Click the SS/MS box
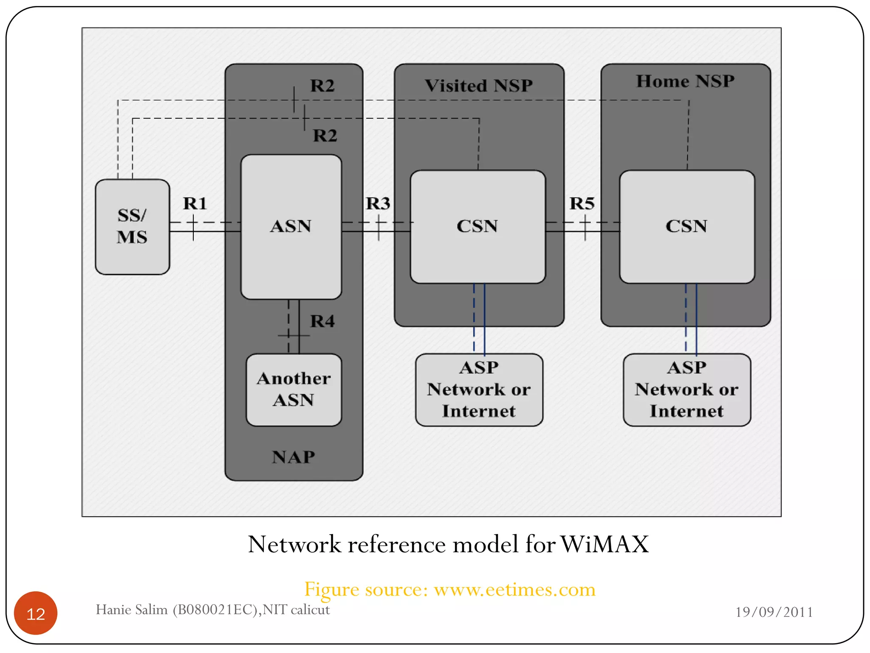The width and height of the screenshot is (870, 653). tap(132, 227)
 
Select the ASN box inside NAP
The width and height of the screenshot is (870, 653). tap(291, 227)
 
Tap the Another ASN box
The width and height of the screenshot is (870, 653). tap(294, 389)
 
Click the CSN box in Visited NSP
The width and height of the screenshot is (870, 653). tap(477, 227)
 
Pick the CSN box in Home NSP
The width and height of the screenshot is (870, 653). tap(686, 227)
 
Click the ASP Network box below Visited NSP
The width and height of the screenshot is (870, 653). tap(479, 389)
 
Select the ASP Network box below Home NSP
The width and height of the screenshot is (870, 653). tap(686, 389)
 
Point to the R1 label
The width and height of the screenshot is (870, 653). tap(195, 203)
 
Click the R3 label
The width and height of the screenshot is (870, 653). tap(378, 203)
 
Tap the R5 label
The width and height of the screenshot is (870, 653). tap(582, 203)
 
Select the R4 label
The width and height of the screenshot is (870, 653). tap(322, 321)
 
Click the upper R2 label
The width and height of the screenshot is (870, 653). tap(322, 85)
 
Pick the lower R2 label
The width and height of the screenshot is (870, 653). tap(325, 136)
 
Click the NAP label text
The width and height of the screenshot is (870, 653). tap(294, 457)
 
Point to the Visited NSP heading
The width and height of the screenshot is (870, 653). tap(479, 85)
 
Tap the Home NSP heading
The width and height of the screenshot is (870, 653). tap(685, 81)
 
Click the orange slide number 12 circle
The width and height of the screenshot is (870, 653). tap(36, 613)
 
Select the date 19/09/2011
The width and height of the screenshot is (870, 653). tap(774, 612)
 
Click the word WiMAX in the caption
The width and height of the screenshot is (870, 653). tap(604, 544)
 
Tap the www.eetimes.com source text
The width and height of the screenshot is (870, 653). tap(514, 589)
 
